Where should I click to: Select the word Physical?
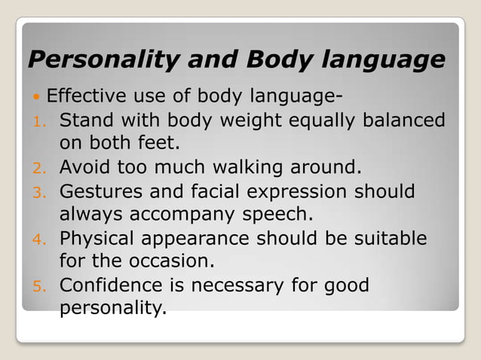pos(98,239)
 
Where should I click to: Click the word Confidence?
pos(111,286)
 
